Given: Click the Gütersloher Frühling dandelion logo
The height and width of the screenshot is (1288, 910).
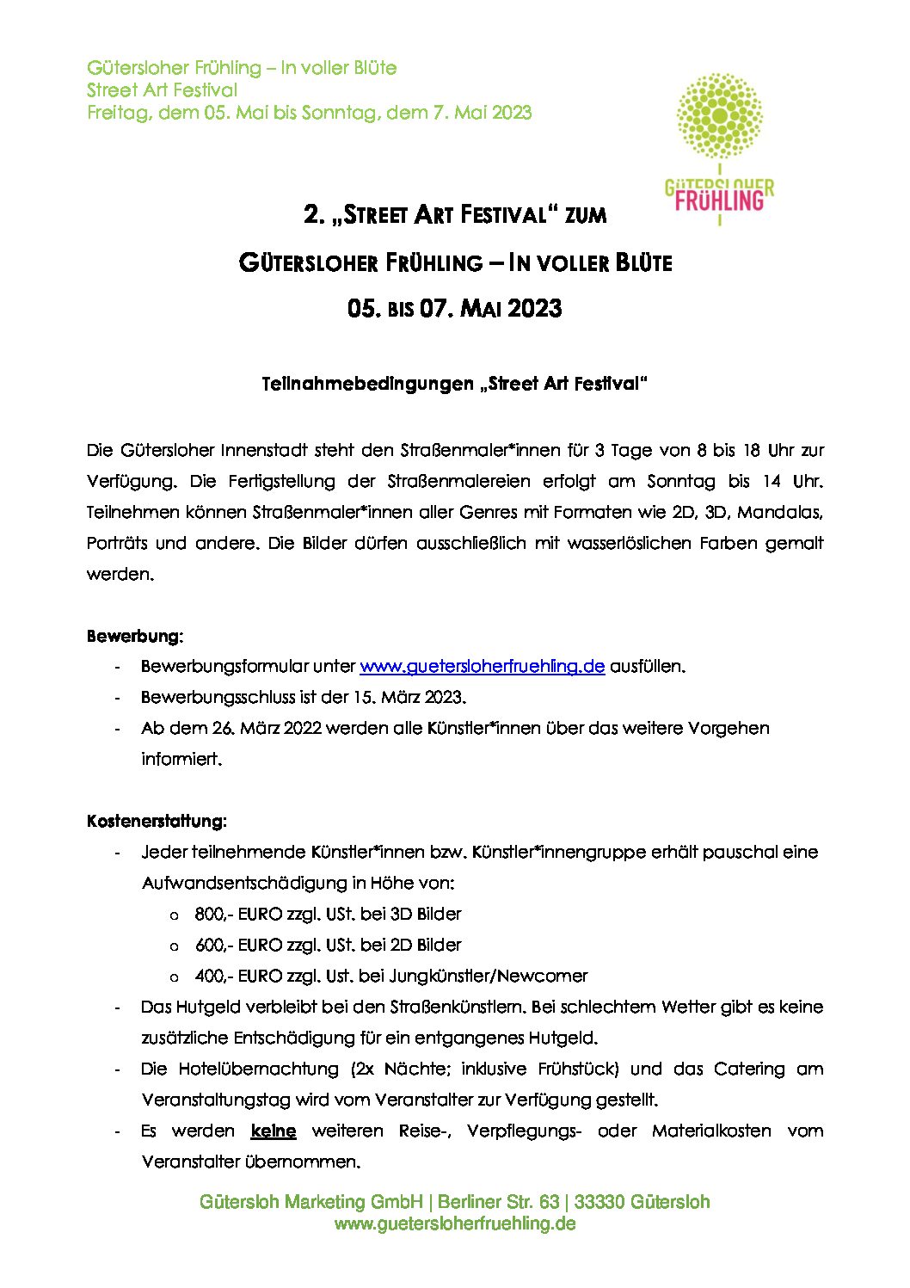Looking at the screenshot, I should pyautogui.click(x=720, y=148).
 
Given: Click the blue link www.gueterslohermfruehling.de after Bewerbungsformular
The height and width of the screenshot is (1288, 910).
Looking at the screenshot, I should pyautogui.click(x=482, y=667).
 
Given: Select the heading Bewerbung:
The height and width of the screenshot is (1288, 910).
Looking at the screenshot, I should pyautogui.click(x=135, y=637).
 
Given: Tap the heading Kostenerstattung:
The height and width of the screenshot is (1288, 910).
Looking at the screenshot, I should pyautogui.click(x=157, y=822).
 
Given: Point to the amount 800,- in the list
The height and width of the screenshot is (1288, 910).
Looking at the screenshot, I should pyautogui.click(x=213, y=914).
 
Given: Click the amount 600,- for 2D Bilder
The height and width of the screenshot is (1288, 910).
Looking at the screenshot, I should pyautogui.click(x=213, y=945).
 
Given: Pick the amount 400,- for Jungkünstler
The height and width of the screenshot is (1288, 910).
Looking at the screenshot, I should pyautogui.click(x=213, y=976).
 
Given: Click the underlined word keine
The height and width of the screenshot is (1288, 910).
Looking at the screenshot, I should pyautogui.click(x=274, y=1131).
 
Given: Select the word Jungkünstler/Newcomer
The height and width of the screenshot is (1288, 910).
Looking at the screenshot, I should pyautogui.click(x=489, y=976).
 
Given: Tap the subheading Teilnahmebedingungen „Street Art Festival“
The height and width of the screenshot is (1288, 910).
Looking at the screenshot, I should pyautogui.click(x=454, y=384).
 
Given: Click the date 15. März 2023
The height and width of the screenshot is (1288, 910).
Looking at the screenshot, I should pyautogui.click(x=409, y=697).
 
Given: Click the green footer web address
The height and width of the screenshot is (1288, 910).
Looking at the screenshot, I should pyautogui.click(x=454, y=1223).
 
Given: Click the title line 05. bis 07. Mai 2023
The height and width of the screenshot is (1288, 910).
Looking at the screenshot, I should pyautogui.click(x=454, y=308).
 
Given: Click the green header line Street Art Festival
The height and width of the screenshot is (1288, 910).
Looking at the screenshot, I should pyautogui.click(x=162, y=90).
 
